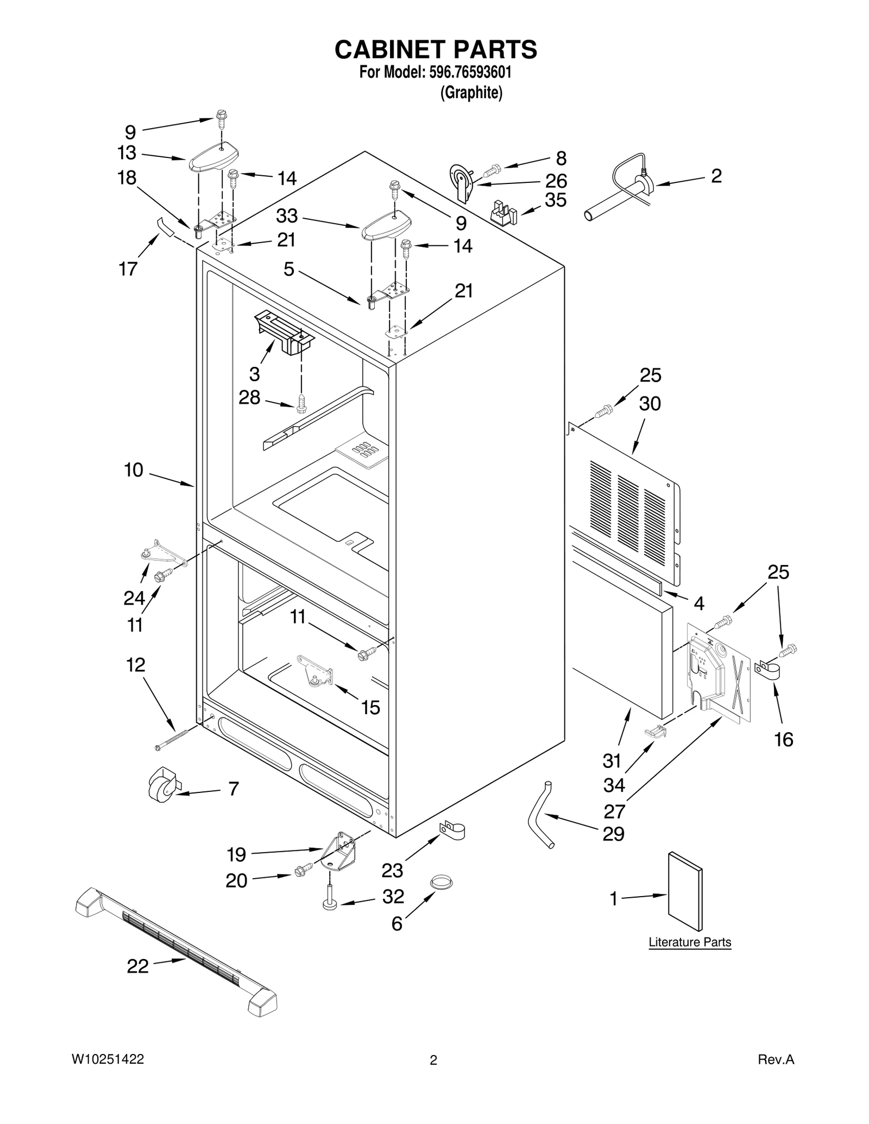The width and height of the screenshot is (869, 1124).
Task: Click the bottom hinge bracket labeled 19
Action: pyautogui.click(x=339, y=854)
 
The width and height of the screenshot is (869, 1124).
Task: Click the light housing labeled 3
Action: pyautogui.click(x=284, y=332)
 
